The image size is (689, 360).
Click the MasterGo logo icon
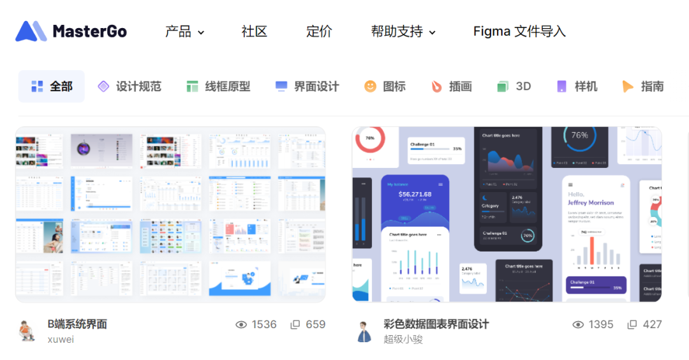pos(31,31)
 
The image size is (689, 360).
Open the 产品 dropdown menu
pos(184,31)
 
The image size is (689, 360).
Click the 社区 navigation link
pos(254,31)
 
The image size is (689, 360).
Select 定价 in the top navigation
pos(319,31)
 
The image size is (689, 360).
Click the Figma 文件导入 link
pos(519,31)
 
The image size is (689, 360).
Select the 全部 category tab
pos(52,86)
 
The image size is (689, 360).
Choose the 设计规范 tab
pos(130,86)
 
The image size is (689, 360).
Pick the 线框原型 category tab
pos(218,86)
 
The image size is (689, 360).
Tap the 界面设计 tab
pos(307,86)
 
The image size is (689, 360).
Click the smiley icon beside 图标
pos(370,86)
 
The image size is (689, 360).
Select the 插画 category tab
pos(452,86)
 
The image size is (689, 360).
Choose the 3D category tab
pos(514,86)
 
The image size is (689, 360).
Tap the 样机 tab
pos(577,86)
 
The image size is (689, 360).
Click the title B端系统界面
pos(77,324)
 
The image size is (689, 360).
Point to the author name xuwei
pos(61,339)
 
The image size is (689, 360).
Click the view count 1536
pos(263,324)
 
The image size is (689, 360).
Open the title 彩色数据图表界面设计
pos(436,324)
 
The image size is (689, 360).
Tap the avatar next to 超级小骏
pos(364,332)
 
